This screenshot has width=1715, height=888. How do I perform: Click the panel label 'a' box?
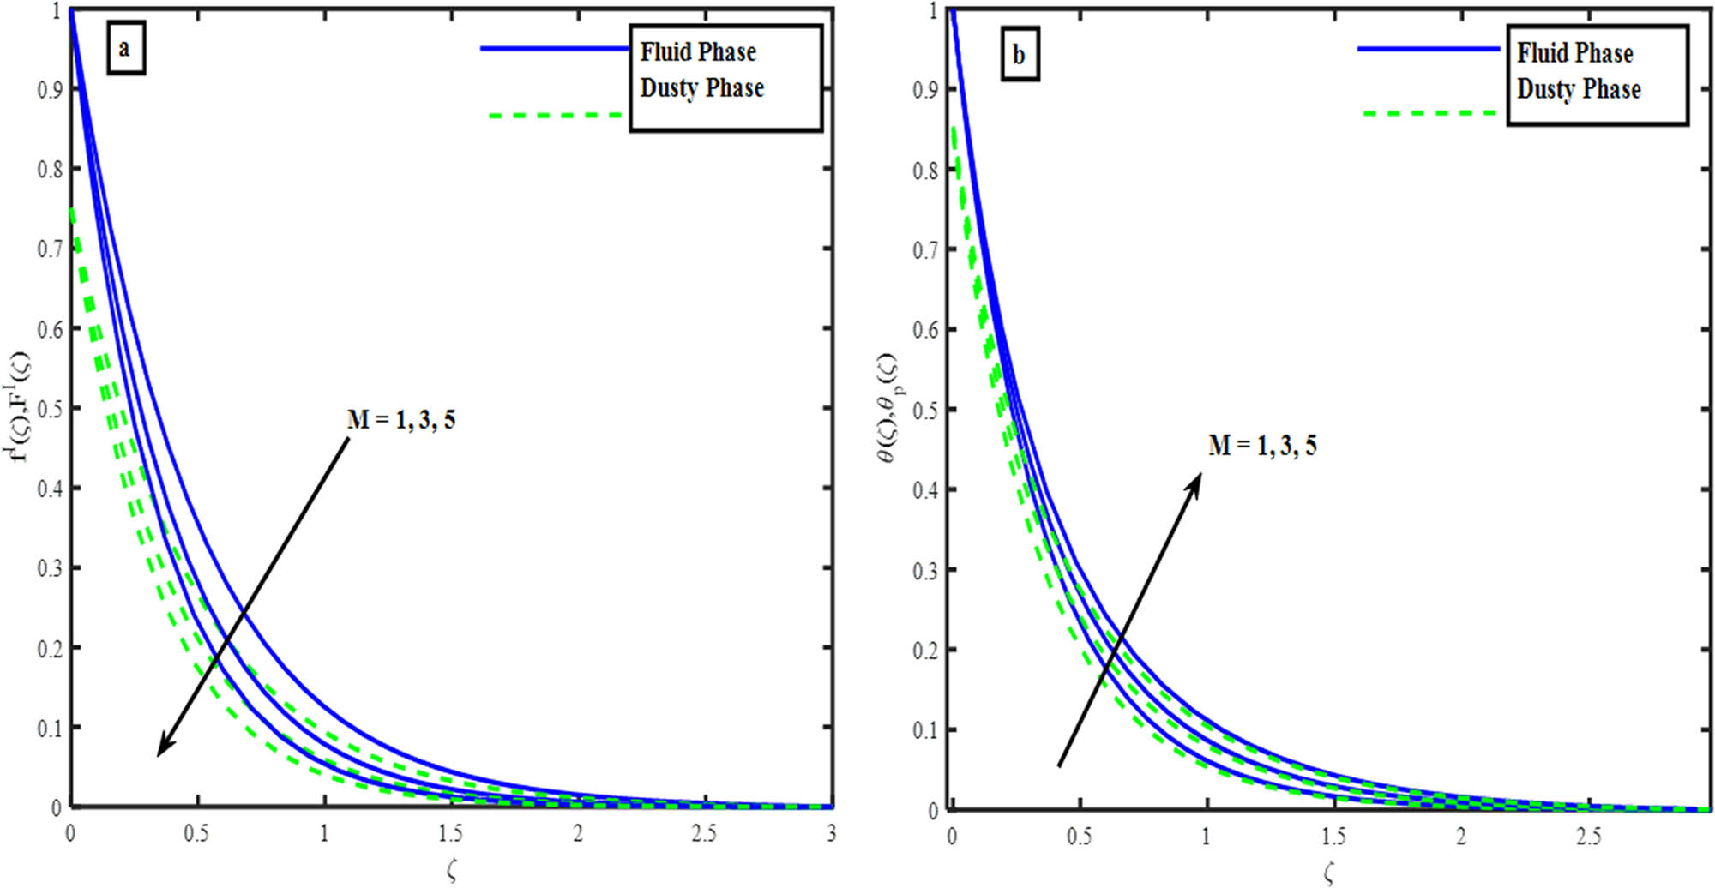[x=125, y=49]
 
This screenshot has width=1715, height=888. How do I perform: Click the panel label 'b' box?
[x=1020, y=56]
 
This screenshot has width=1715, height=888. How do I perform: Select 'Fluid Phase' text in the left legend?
[x=698, y=52]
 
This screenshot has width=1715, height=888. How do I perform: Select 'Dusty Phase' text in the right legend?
[x=1579, y=89]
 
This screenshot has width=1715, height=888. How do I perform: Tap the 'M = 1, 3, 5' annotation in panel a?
[x=400, y=420]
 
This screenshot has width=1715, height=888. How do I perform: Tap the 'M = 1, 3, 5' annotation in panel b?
[x=1262, y=446]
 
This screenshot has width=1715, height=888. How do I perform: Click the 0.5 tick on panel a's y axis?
[x=50, y=409]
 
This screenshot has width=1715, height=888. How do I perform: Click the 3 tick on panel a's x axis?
[x=831, y=833]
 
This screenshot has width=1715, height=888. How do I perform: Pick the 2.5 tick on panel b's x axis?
[x=1588, y=836]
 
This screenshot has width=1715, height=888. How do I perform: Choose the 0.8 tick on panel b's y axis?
[x=925, y=171]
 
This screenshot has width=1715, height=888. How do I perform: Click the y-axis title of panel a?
[x=21, y=407]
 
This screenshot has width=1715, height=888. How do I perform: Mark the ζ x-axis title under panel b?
[x=1328, y=873]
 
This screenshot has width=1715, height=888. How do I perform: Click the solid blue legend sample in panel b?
[x=1429, y=50]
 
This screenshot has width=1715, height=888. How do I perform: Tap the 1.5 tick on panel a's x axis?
[x=450, y=833]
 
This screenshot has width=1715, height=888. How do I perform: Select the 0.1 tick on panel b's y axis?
[x=925, y=730]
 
